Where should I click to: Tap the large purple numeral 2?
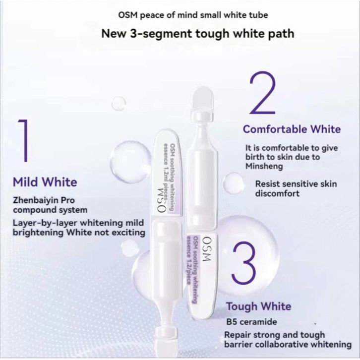coord(262,93)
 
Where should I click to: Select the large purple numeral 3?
coord(244,262)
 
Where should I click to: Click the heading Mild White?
coord(45,182)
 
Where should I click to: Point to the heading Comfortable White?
coord(292,129)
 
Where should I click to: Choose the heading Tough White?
coord(258,306)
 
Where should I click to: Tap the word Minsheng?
coord(264,166)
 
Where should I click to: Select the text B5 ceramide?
coord(251,322)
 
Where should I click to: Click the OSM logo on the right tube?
coord(206,249)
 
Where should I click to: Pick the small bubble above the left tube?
coord(119,103)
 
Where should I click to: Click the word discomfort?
coord(277,193)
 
